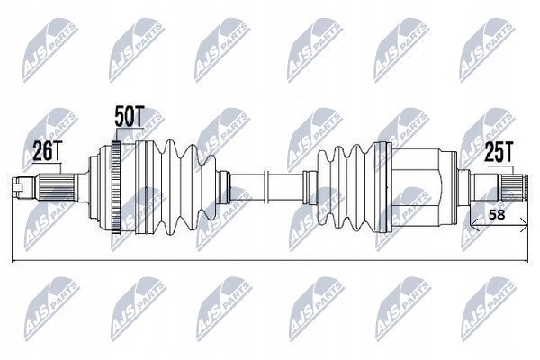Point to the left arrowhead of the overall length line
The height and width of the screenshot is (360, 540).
(14, 262)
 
